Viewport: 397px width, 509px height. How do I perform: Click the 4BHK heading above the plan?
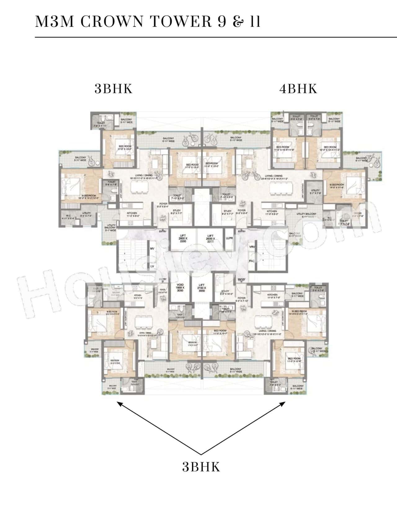298,89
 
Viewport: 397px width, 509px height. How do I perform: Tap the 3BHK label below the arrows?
201,467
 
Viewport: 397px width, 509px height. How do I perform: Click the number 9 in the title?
222,22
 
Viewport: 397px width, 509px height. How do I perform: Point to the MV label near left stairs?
152,249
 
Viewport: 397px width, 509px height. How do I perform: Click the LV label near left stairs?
152,266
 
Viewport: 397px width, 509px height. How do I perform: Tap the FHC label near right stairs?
252,261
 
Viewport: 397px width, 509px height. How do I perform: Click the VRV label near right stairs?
252,247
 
